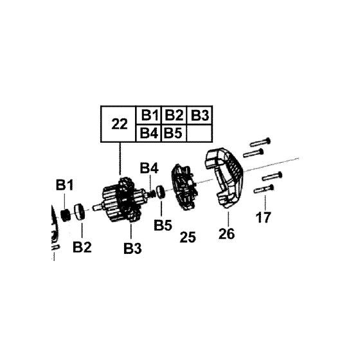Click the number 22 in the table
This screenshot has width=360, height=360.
click(120, 124)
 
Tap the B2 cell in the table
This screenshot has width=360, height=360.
click(174, 116)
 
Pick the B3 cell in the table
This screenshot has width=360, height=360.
click(201, 116)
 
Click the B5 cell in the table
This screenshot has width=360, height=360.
click(174, 134)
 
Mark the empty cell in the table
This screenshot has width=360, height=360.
click(201, 134)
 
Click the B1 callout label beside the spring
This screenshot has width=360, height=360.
click(64, 185)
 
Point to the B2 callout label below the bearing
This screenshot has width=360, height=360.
click(82, 246)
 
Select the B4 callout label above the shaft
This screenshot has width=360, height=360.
click(150, 168)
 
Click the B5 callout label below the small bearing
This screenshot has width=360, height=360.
click(162, 226)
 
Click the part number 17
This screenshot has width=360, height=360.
click(264, 217)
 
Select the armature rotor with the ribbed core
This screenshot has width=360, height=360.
click(120, 201)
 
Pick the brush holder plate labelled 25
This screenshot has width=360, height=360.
click(184, 190)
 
